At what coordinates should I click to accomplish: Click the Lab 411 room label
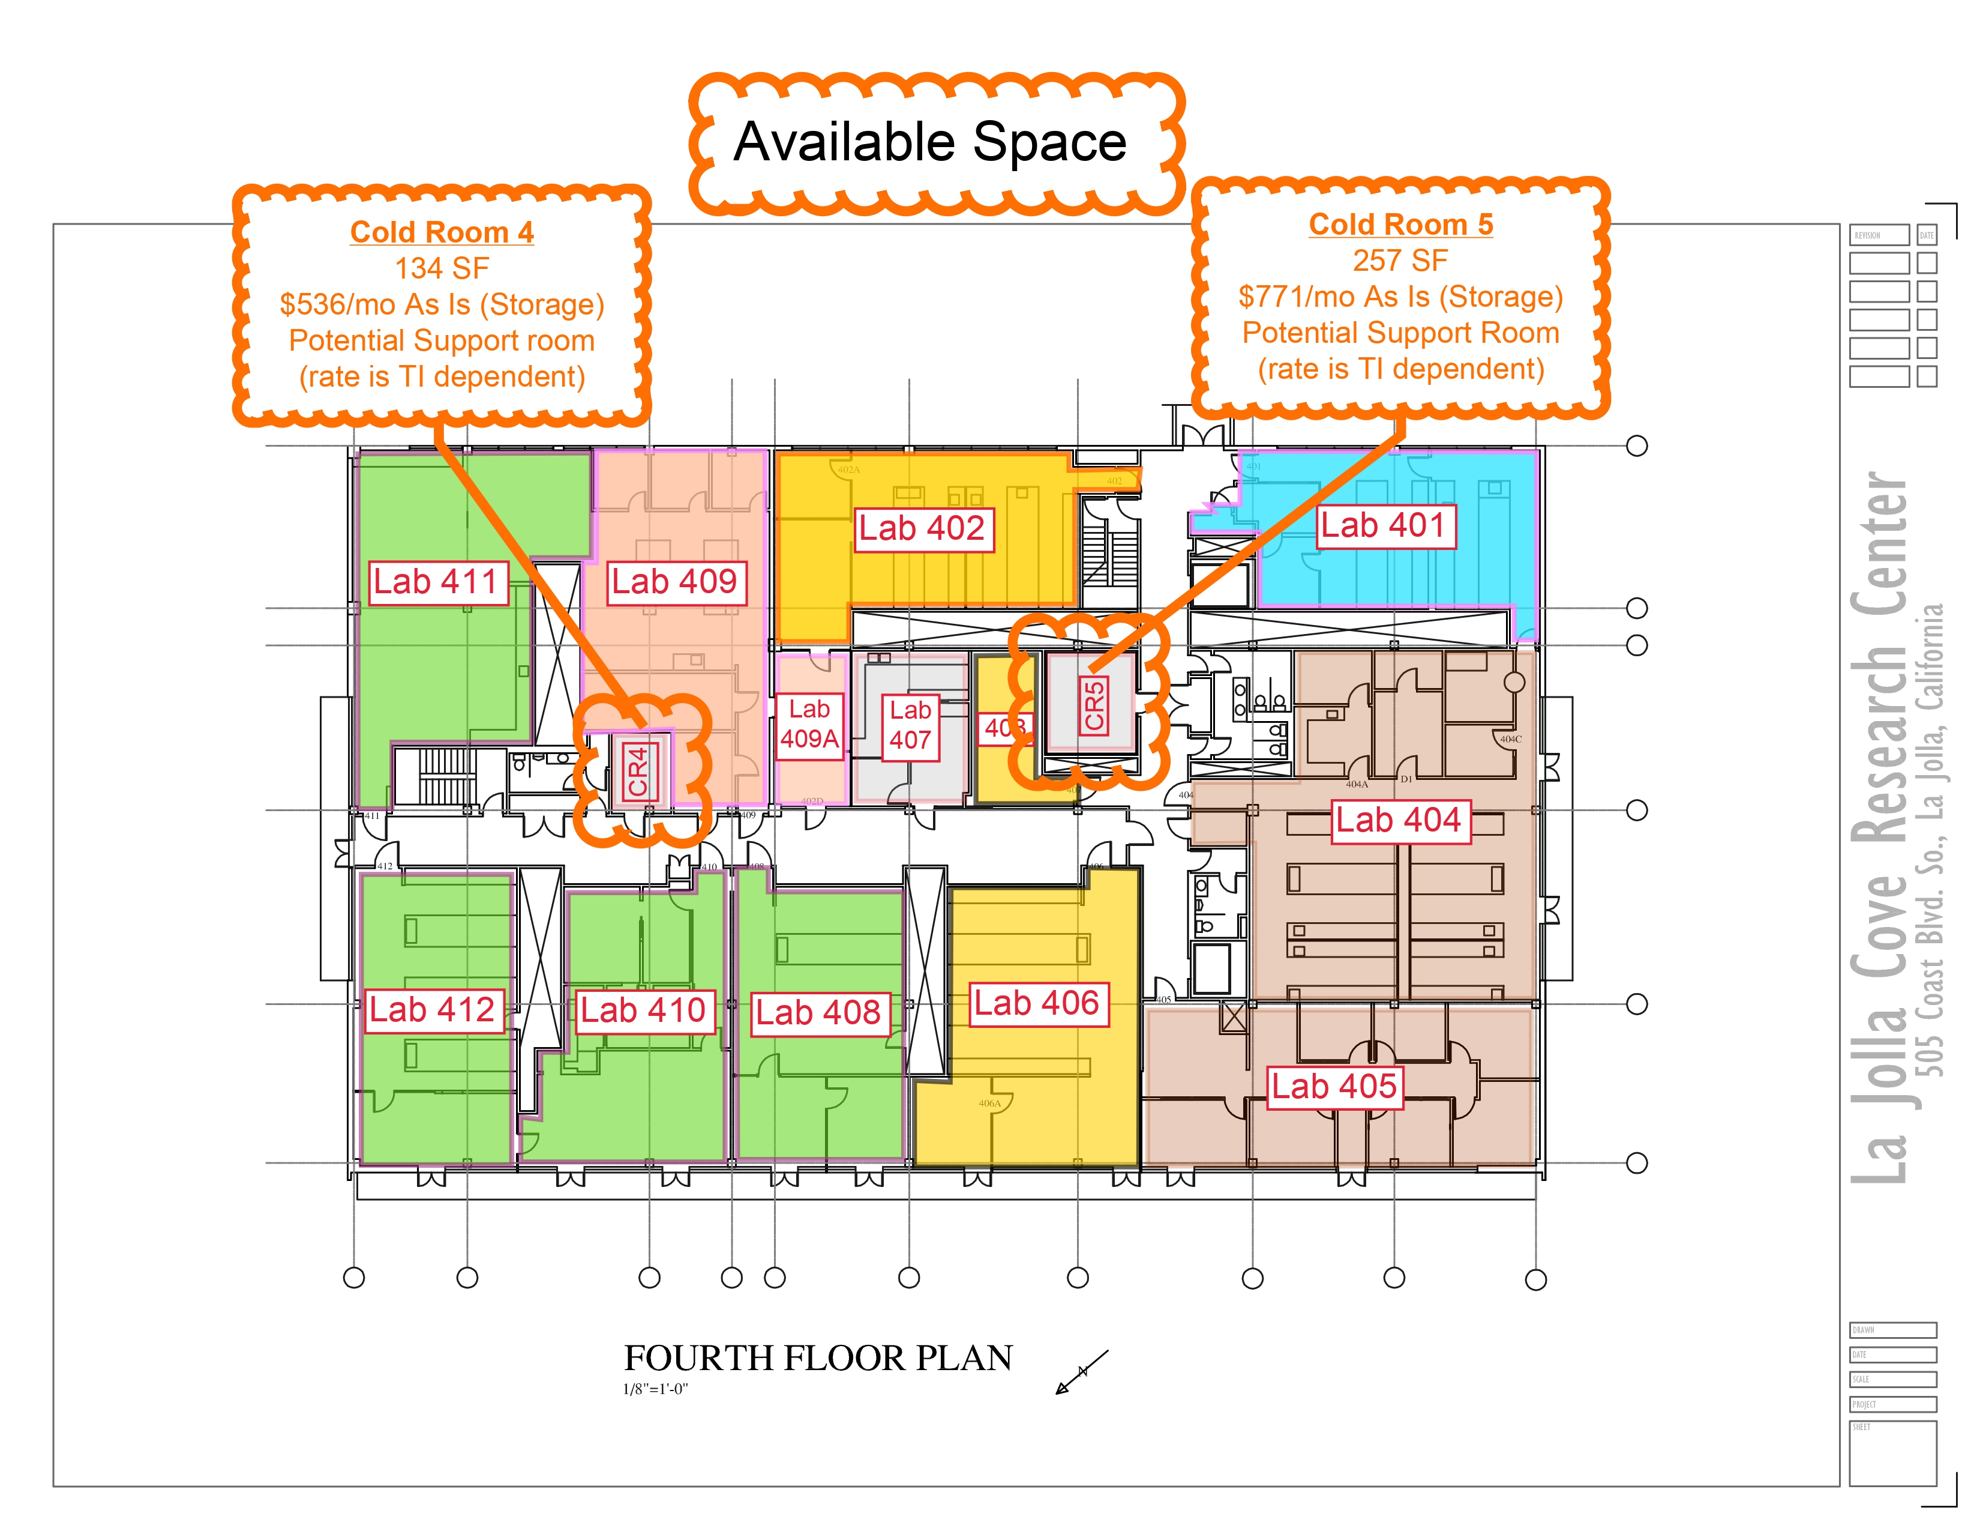coord(436,581)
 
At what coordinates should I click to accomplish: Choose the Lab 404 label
coord(1399,821)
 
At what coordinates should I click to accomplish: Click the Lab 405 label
coord(1334,1087)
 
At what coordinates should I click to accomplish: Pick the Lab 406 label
coord(1037,1004)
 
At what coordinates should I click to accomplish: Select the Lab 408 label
coord(818,1012)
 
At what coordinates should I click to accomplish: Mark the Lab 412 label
coord(433,1009)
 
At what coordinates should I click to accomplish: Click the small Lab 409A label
coord(809,724)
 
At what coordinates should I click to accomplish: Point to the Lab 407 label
coord(910,726)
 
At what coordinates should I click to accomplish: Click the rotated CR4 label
coord(638,771)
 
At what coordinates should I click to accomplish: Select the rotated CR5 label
coord(1094,705)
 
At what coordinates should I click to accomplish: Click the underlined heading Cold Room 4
coord(442,232)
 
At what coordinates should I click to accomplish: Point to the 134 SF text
coord(442,268)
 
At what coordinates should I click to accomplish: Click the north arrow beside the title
coord(1082,1371)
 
